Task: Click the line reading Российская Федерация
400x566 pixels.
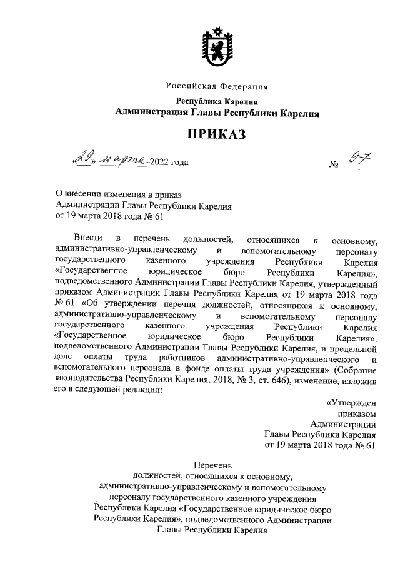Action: click(x=217, y=86)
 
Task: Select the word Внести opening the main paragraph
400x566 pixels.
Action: click(x=87, y=239)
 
